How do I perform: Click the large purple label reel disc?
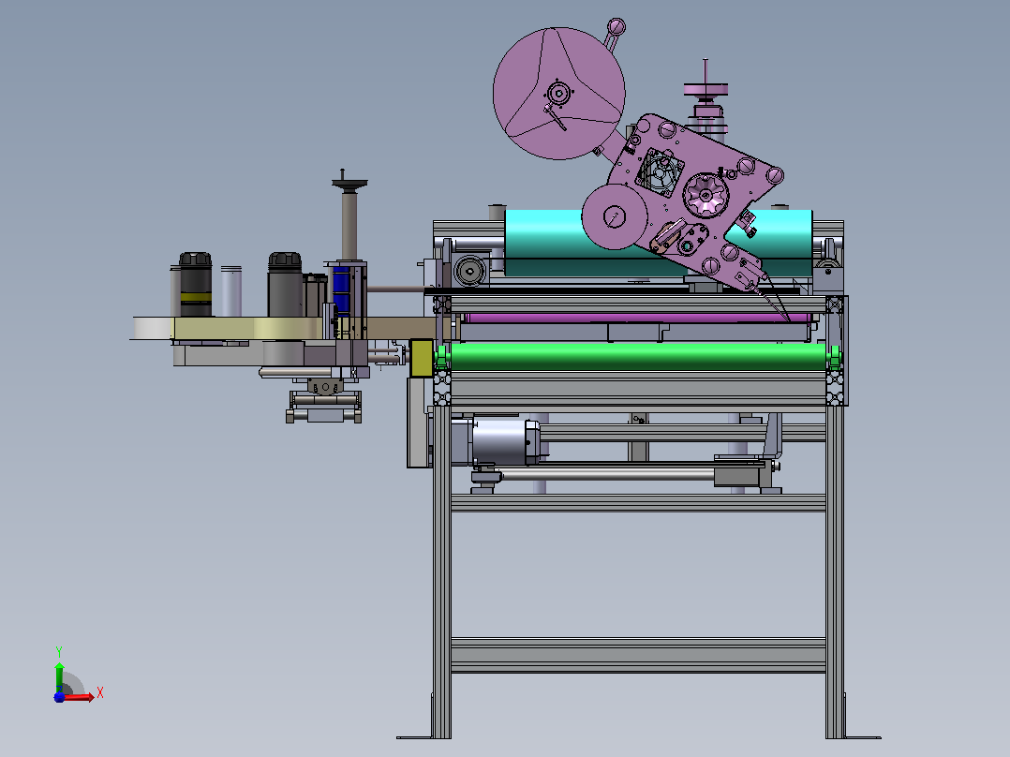tap(558, 94)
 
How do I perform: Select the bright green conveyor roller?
tap(638, 356)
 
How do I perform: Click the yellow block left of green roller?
tap(422, 358)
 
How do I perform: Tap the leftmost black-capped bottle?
tap(196, 284)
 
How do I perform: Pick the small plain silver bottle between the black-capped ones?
tap(231, 291)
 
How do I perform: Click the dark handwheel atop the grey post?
tap(349, 184)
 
